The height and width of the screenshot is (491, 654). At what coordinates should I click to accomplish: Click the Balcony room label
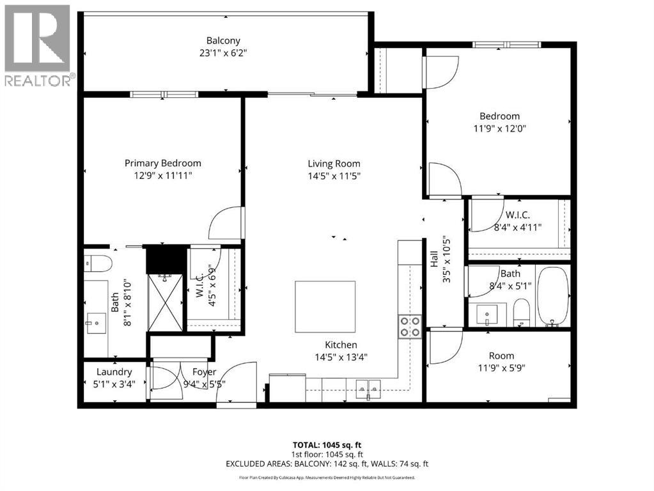(x=227, y=40)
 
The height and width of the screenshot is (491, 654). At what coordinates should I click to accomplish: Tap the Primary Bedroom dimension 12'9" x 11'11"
(x=162, y=175)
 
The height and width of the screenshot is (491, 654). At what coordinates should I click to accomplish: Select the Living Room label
(x=334, y=164)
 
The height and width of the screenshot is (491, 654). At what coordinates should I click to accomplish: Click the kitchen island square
(x=325, y=306)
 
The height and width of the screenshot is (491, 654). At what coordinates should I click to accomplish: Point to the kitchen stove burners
(x=410, y=327)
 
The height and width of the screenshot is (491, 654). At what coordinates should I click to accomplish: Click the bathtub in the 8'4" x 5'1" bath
(x=553, y=297)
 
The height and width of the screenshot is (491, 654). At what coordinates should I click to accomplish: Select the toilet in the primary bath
(x=98, y=263)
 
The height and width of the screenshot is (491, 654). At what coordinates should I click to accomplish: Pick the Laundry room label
(x=114, y=371)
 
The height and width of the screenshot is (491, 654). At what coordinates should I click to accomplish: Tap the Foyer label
(x=204, y=371)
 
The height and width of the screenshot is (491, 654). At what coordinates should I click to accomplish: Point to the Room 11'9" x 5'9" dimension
(x=501, y=368)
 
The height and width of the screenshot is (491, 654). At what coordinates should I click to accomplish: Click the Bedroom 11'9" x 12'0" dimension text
(x=500, y=128)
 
